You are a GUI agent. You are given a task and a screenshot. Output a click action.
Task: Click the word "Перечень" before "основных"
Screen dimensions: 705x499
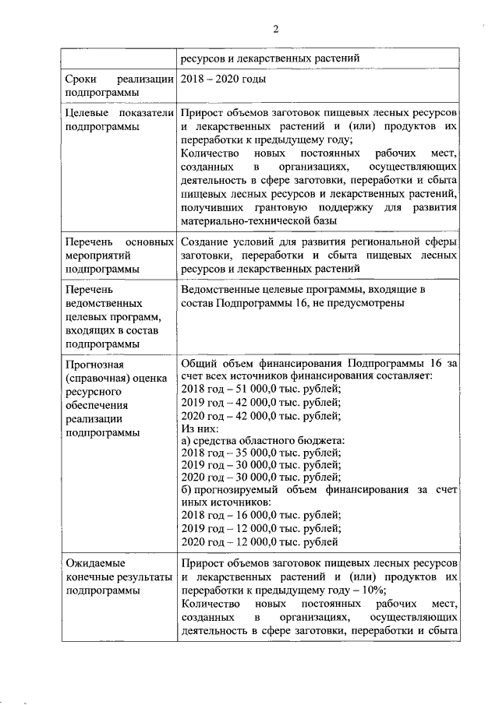[88, 240]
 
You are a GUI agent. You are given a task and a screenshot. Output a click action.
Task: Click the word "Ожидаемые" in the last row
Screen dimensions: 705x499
[92, 562]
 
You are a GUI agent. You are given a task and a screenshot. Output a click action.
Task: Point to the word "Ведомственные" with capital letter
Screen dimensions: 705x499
[221, 289]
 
